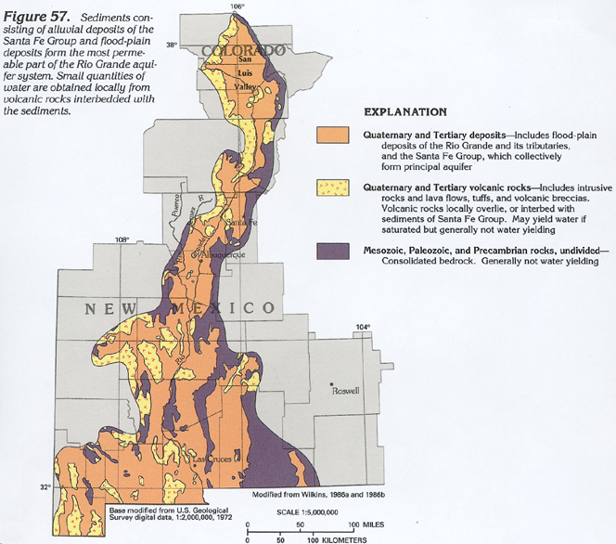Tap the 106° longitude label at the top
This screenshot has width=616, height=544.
tap(237, 6)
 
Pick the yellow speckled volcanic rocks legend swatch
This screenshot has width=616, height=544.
tap(334, 192)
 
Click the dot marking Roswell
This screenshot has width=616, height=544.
tap(332, 382)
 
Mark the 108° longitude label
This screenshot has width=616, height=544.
tap(122, 240)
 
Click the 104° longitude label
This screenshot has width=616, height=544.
tap(362, 327)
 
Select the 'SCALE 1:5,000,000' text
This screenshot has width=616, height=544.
tap(306, 512)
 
